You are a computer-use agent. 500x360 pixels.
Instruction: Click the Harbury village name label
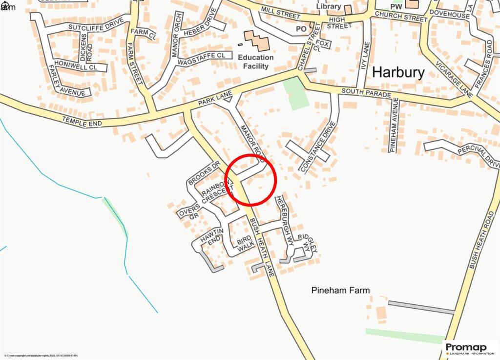(x=398, y=72)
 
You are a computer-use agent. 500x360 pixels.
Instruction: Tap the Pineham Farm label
(x=340, y=290)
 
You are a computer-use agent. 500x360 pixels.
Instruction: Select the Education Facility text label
(x=255, y=62)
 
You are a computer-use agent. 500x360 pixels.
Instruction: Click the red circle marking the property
(x=251, y=180)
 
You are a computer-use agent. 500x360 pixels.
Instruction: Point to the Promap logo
(x=469, y=347)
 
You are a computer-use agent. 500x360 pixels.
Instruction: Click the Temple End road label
(x=82, y=121)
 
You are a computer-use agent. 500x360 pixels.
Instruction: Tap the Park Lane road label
(x=214, y=100)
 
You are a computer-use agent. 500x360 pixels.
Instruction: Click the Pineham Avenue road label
(x=395, y=125)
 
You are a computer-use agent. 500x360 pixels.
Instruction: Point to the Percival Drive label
(x=480, y=155)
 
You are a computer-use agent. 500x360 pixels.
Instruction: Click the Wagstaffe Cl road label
(x=202, y=60)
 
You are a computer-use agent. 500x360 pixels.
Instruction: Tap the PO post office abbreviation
(x=300, y=29)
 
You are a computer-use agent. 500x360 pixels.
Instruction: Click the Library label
(x=328, y=6)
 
